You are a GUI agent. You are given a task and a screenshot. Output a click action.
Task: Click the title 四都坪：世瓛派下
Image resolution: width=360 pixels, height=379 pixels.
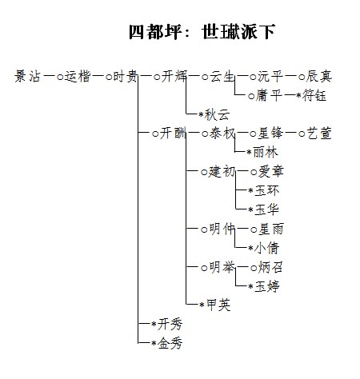click(x=202, y=32)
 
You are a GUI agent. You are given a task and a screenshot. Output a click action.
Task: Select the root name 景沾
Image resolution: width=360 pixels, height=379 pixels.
click(x=27, y=77)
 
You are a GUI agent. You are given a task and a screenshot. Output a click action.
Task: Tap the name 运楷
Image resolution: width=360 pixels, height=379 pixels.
click(x=78, y=77)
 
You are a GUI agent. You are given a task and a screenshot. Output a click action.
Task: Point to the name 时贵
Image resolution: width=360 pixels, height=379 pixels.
click(x=126, y=77)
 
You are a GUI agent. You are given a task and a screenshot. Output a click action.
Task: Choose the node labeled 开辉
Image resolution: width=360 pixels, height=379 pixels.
click(x=174, y=77)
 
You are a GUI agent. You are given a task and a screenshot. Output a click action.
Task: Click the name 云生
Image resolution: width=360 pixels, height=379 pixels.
click(x=222, y=77)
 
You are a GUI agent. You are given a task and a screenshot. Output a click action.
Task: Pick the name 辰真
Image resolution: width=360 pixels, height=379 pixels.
click(x=319, y=76)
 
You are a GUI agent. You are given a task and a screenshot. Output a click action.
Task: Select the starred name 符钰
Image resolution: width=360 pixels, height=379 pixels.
click(x=314, y=95)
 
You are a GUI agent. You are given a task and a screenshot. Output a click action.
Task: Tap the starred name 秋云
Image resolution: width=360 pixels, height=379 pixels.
click(x=218, y=115)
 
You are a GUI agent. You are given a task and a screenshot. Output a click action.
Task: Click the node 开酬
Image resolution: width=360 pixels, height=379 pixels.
click(x=173, y=134)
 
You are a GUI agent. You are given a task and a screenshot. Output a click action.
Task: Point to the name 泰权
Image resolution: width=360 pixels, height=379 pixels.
click(x=222, y=134)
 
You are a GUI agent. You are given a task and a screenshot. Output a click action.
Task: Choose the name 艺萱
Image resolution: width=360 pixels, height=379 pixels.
click(x=319, y=134)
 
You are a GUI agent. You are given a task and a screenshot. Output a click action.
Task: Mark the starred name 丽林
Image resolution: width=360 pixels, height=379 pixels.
click(x=266, y=153)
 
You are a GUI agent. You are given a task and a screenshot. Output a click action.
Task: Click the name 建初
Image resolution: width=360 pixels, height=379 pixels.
click(x=222, y=172)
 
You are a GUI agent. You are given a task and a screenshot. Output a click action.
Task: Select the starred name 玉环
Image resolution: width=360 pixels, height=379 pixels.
click(x=267, y=191)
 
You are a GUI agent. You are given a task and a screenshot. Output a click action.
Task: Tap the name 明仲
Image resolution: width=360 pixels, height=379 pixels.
click(x=222, y=229)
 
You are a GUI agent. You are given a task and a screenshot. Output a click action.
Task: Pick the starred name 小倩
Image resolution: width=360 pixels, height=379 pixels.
click(x=267, y=248)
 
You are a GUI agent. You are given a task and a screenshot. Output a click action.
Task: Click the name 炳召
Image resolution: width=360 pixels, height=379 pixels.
click(x=270, y=267)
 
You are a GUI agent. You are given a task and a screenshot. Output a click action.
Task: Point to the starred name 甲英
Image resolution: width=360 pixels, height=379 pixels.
click(x=218, y=305)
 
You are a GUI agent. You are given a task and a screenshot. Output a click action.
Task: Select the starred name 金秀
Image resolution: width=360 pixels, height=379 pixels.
click(x=170, y=343)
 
